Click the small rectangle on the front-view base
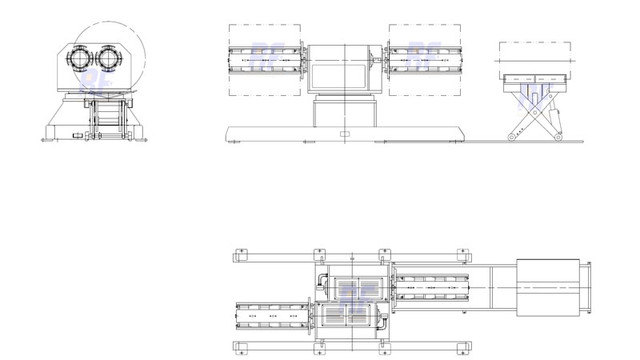[x=345, y=133]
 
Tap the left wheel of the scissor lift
[x=511, y=138]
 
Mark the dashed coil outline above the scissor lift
[x=534, y=53]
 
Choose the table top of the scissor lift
[x=534, y=78]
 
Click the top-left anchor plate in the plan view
[x=241, y=255]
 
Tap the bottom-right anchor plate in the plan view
[x=462, y=349]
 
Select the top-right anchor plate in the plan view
[x=462, y=255]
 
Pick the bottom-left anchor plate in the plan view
[x=241, y=349]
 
